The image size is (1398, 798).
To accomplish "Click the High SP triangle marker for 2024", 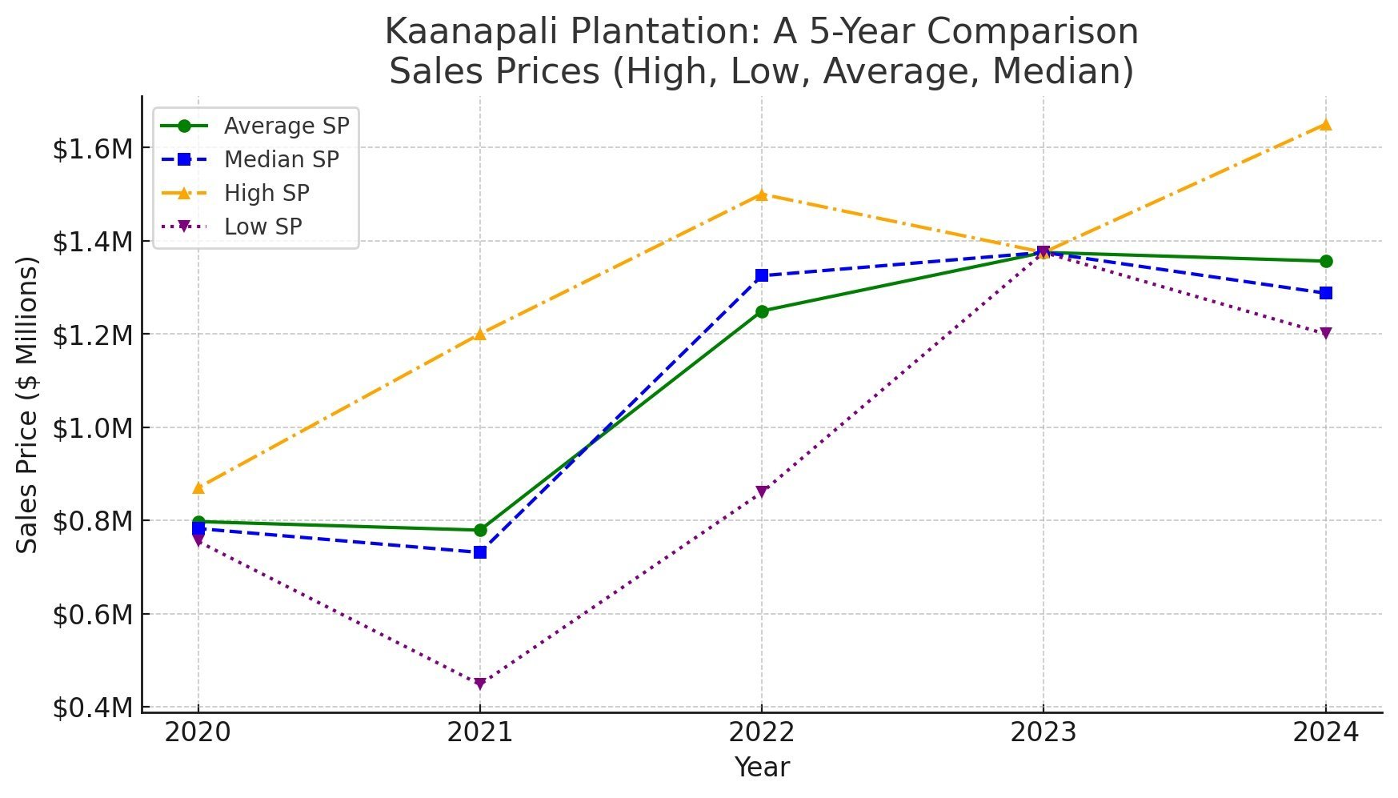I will pos(1325,124).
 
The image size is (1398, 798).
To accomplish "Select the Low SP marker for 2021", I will pos(480,684).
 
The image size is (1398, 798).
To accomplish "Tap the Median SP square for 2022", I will pos(762,275).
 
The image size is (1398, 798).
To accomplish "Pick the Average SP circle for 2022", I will pos(762,311).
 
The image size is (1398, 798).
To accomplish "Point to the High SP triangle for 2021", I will pos(480,334).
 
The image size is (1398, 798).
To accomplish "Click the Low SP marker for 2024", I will pos(1325,333).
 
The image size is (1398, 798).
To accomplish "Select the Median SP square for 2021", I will pos(480,552).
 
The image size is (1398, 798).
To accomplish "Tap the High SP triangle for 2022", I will pos(762,194).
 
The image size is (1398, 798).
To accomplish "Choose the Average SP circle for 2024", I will pos(1325,261).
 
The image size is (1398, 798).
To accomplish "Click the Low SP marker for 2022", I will pos(762,492).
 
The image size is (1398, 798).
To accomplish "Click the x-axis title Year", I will pos(762,768).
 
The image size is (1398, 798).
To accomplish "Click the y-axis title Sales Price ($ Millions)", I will pos(28,404).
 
